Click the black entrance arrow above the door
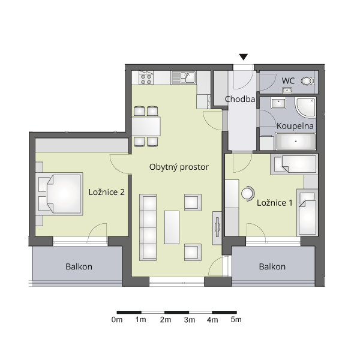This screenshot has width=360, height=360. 244,57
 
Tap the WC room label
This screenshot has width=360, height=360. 288,80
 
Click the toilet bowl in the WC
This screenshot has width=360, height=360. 308,81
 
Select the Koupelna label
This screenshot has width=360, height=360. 295,126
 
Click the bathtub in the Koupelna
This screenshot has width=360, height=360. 296,141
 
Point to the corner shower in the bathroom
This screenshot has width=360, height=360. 305,107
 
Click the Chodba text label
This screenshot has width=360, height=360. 240,99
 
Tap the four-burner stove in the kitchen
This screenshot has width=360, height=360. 146,77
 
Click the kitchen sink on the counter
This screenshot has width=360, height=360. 184,77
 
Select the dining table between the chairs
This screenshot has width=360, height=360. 146,126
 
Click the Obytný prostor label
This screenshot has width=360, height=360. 179,167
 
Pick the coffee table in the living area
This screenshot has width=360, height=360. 172,227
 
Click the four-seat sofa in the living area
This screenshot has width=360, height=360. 148,227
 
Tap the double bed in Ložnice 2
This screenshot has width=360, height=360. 59,194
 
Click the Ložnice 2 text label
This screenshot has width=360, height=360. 107,192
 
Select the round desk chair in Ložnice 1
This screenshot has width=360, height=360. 248,194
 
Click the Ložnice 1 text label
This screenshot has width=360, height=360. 275,203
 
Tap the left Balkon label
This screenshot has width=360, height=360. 79,266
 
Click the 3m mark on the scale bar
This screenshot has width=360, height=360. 189,320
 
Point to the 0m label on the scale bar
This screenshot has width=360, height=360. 117,320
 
